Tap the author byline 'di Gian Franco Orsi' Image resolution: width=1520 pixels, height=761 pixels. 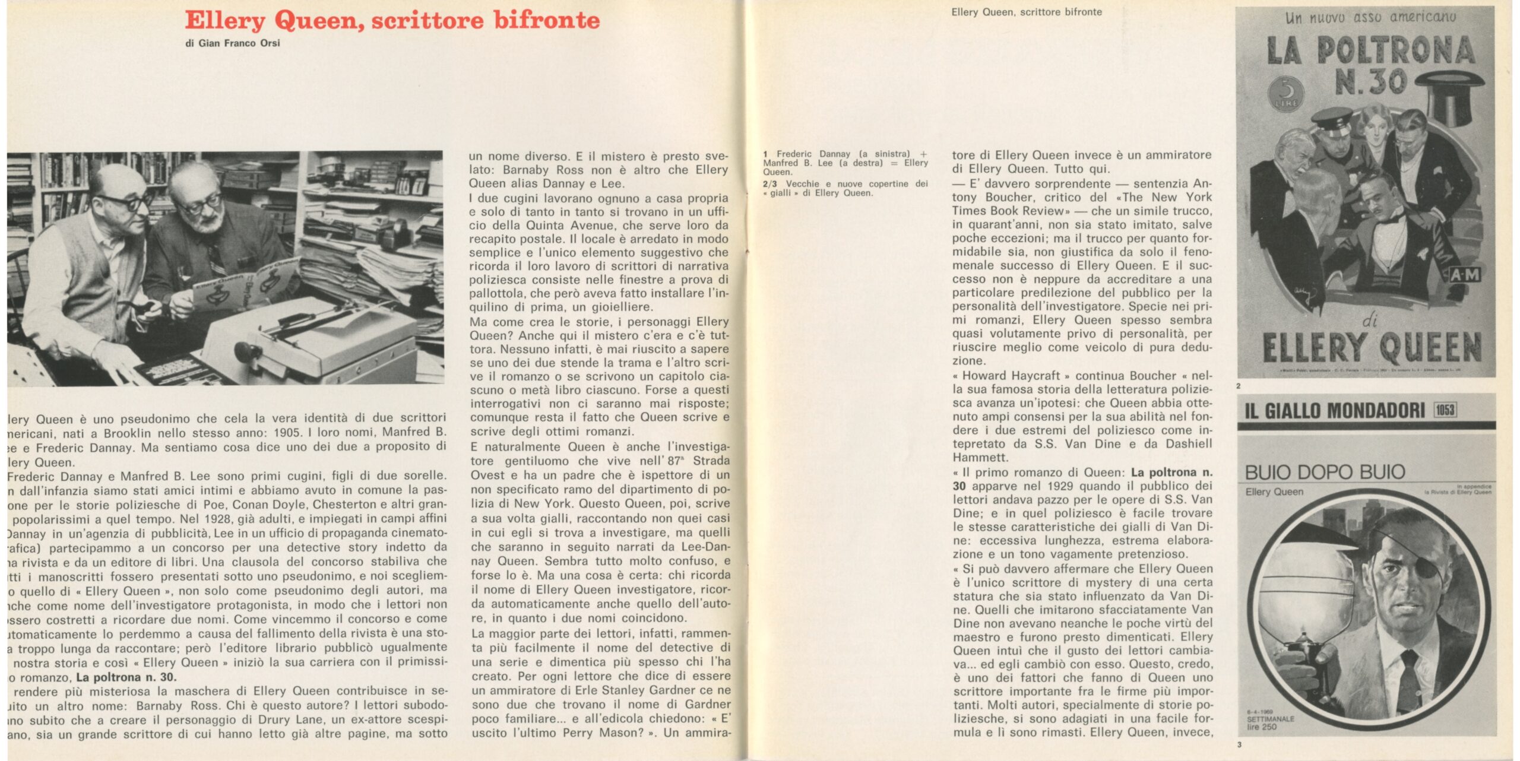tap(232, 43)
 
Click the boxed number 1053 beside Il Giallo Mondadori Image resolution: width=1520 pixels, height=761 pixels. tap(1445, 410)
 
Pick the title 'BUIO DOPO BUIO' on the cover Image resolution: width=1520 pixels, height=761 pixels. tap(1325, 472)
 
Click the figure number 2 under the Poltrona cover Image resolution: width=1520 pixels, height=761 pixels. tap(1239, 386)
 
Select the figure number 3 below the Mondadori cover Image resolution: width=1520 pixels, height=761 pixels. tap(1239, 744)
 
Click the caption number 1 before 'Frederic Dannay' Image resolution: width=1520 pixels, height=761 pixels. tap(765, 154)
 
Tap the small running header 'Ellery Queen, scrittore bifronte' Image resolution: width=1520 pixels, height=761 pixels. tap(1026, 12)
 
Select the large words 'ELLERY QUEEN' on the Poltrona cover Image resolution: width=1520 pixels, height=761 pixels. tap(1372, 348)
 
